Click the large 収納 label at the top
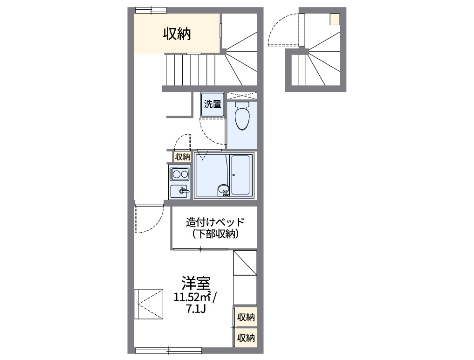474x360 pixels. click(177, 34)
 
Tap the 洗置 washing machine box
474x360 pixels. click(213, 104)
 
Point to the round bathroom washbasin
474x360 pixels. click(223, 189)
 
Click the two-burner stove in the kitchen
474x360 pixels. click(179, 174)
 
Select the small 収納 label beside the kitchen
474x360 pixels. click(182, 156)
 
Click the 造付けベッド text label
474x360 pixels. click(215, 222)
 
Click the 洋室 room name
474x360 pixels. click(196, 283)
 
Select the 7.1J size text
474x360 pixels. click(196, 309)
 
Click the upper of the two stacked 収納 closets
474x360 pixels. click(246, 318)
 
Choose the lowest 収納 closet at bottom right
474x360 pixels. click(246, 337)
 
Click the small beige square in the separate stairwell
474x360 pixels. click(335, 19)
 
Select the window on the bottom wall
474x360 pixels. click(168, 350)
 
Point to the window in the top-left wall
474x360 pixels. click(150, 10)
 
